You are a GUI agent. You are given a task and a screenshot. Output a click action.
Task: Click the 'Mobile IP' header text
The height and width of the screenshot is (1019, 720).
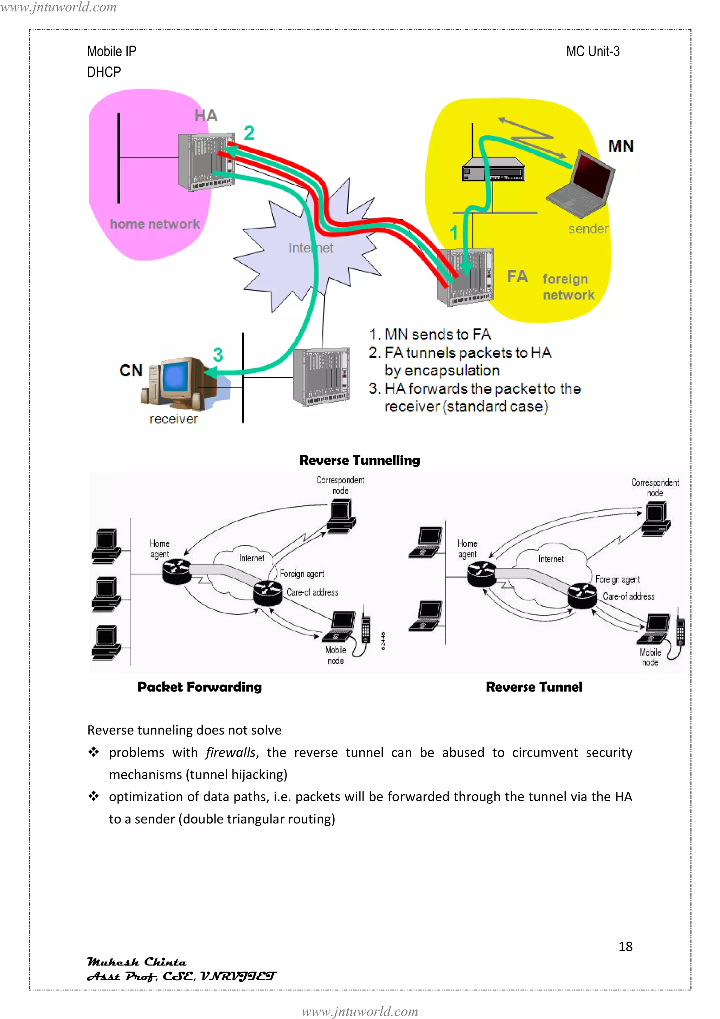(111, 51)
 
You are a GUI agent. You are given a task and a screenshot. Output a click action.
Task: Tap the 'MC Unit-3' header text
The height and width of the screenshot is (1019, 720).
(592, 51)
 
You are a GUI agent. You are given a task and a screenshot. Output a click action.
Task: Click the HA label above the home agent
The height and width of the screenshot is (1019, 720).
(206, 116)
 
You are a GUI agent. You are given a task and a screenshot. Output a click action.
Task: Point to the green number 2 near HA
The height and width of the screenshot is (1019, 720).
(249, 133)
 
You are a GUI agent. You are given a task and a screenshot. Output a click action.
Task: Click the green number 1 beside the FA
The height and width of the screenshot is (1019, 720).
(454, 233)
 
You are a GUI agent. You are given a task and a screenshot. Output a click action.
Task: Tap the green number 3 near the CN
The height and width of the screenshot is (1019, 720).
(218, 355)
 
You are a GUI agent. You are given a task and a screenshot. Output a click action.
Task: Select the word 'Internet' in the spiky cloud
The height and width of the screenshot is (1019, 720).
(310, 248)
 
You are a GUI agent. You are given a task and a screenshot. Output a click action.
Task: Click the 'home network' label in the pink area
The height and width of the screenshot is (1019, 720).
(154, 224)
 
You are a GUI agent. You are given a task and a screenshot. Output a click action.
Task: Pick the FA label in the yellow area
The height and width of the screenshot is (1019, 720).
(517, 276)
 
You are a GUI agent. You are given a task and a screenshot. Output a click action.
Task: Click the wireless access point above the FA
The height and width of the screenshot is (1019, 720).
(493, 170)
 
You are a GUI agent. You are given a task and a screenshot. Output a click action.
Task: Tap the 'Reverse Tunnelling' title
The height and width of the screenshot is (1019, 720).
(359, 460)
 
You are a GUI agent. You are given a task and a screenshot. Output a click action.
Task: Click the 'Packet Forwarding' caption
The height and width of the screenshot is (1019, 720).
(199, 687)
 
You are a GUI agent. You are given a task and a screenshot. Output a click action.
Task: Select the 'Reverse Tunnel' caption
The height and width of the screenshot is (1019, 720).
(534, 687)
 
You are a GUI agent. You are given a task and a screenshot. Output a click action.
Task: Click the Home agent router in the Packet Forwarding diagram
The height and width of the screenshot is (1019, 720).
(176, 571)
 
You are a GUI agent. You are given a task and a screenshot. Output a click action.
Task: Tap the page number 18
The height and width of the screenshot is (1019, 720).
(625, 946)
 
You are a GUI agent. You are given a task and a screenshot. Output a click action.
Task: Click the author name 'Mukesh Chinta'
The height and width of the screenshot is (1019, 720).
(137, 962)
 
